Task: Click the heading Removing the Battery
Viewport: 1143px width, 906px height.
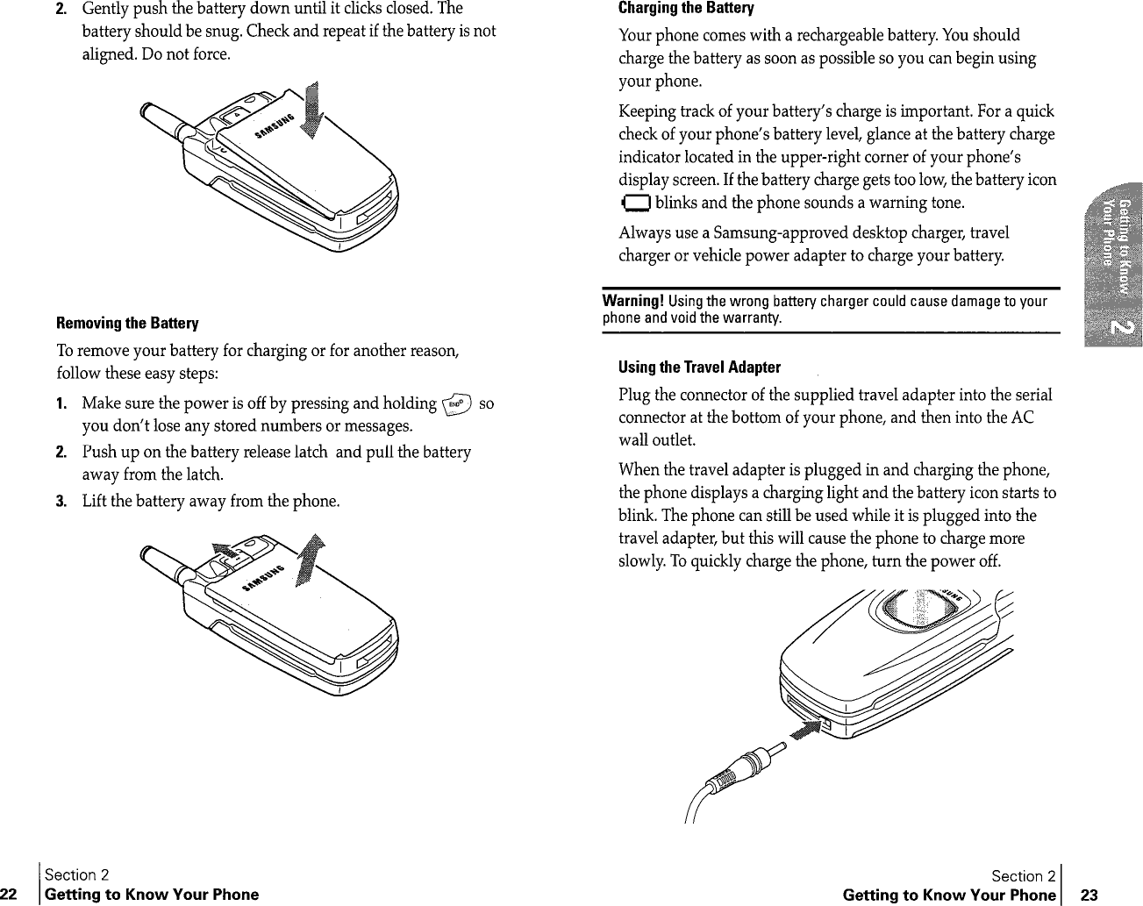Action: (x=127, y=324)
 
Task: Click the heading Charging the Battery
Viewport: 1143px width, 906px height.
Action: (x=686, y=9)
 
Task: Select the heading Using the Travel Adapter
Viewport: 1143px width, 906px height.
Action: (x=699, y=367)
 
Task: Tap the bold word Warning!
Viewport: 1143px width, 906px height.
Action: (x=630, y=302)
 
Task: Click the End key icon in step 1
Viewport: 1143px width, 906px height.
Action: (x=459, y=403)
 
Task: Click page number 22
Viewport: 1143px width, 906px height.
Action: (x=11, y=895)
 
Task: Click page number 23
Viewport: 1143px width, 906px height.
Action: (x=1089, y=895)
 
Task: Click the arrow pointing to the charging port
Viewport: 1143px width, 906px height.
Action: (x=805, y=730)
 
